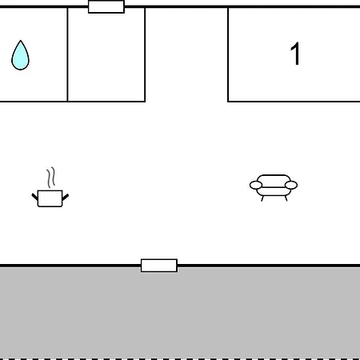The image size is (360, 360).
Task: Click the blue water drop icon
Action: pos(20,57)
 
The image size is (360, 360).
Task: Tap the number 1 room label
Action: pos(295,54)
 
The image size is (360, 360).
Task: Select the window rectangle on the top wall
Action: pos(106,6)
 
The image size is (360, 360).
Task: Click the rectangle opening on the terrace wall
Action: pos(159,266)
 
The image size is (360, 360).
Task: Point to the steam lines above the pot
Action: pos(51,178)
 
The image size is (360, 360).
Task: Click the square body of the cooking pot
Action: pos(50,198)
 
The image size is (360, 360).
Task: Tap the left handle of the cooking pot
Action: pos(34,197)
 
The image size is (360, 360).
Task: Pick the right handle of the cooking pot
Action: pos(66,197)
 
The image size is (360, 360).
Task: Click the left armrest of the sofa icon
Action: pos(256,185)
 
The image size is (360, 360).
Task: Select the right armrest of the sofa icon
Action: pos(291,185)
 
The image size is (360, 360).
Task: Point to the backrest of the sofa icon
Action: pos(274,179)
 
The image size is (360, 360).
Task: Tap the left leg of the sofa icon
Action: pos(262,198)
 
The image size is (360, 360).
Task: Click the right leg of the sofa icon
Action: pos(286,198)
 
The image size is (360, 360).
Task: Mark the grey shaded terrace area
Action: pos(180,313)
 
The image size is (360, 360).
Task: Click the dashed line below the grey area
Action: pos(180,359)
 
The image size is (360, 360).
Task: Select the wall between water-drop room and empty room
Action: pos(67,54)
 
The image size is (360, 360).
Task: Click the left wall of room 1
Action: pos(228,54)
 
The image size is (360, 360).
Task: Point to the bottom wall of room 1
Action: pos(294,102)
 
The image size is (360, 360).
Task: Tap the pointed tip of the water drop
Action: pos(21,41)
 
